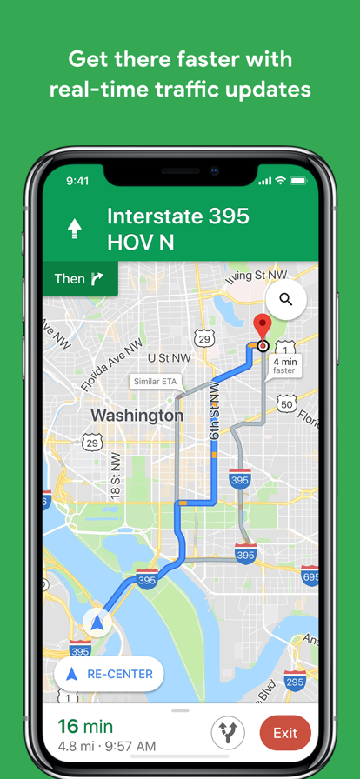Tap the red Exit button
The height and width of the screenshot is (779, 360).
[x=284, y=732]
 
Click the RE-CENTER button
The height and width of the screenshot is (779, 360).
[x=109, y=674]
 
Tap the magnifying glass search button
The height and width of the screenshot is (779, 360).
[x=285, y=300]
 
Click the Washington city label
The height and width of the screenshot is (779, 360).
[x=137, y=416]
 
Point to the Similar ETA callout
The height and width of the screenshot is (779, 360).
[x=152, y=382]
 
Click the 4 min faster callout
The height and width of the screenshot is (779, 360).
[x=284, y=366]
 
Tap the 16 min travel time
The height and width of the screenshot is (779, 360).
[x=85, y=726]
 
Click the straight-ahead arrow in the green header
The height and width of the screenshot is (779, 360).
[x=76, y=229]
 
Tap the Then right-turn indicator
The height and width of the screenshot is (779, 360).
[x=79, y=278]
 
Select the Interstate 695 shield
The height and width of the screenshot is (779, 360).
[x=310, y=576]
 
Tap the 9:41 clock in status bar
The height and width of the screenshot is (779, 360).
[x=77, y=181]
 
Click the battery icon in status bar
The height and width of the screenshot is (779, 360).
[x=298, y=181]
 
